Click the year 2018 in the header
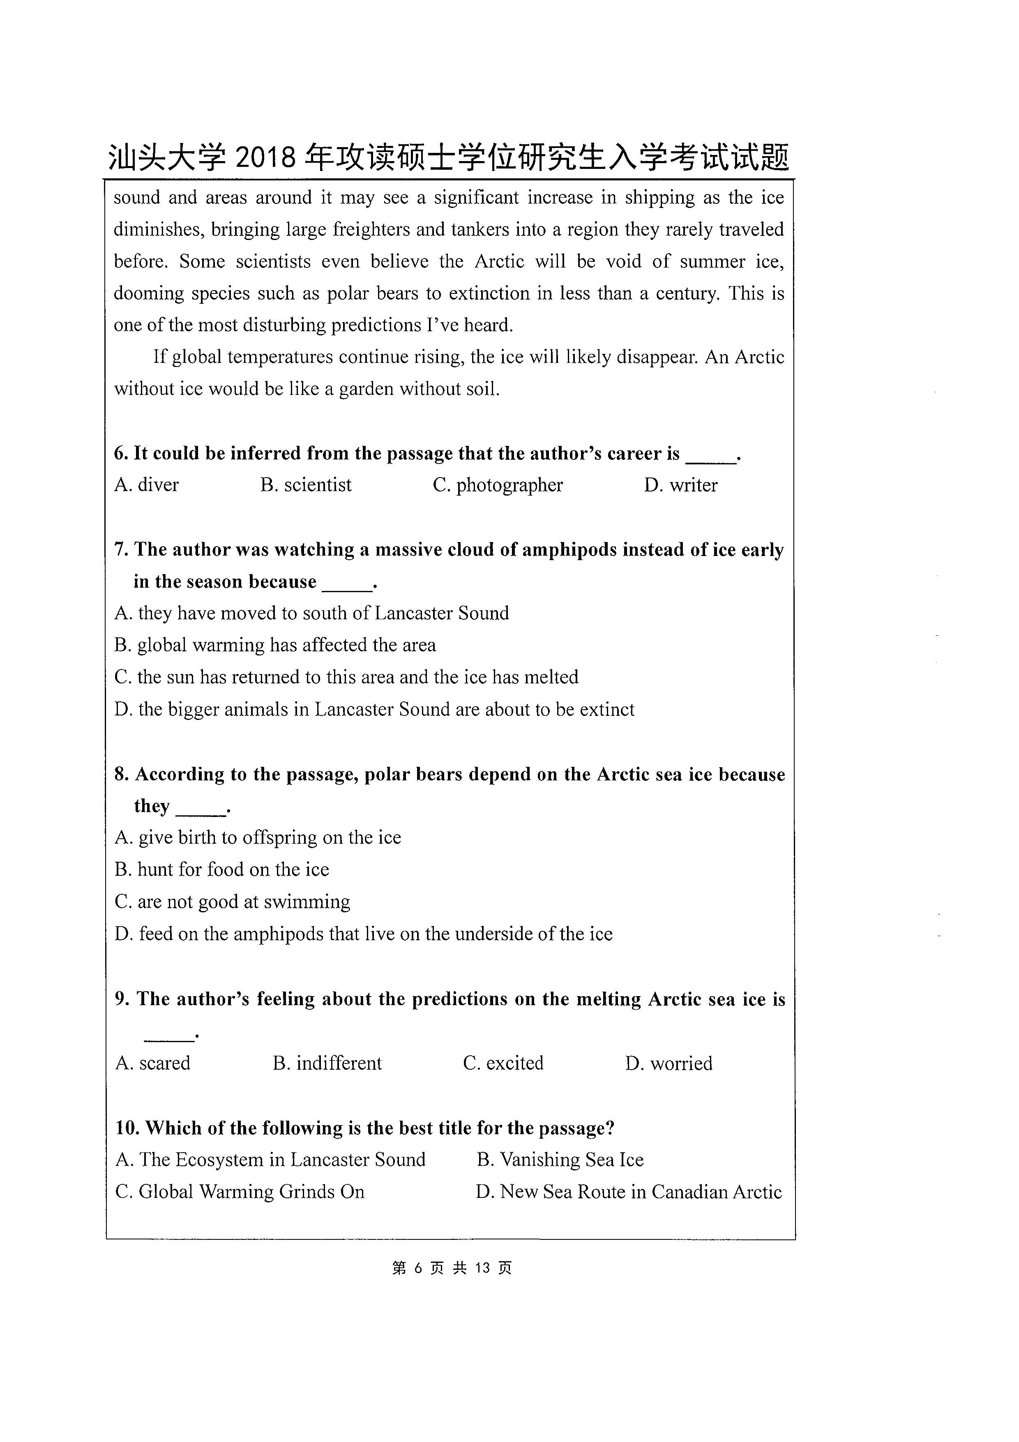coord(265,157)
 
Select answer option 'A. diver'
coord(147,485)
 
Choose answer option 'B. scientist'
coord(306,485)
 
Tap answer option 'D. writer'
coord(680,485)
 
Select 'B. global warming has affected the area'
coord(275,645)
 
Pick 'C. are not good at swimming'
coord(232,902)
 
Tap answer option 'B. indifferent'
coord(327,1063)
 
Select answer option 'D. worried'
coord(669,1063)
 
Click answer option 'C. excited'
coord(503,1063)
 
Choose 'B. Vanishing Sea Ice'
coord(560,1159)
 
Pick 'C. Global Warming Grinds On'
coord(240,1192)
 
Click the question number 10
coord(126,1128)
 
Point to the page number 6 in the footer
coord(419,1268)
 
